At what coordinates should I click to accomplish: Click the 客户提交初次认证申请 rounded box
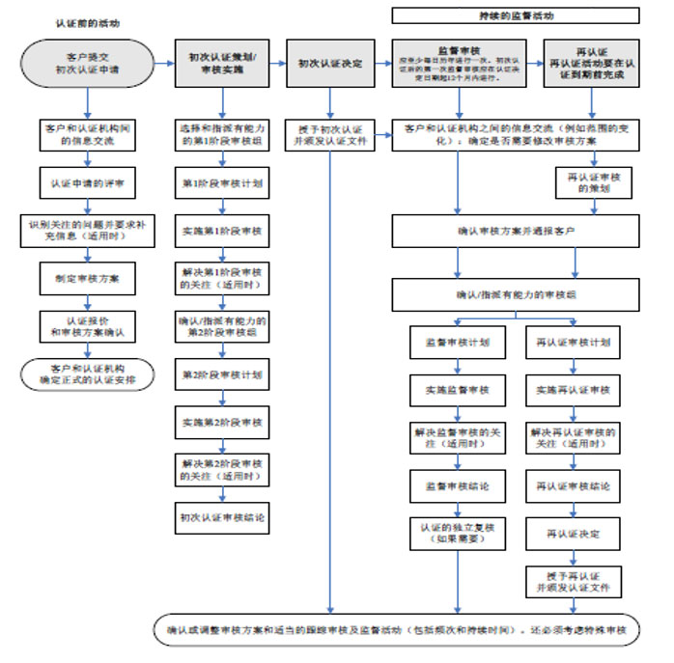88,64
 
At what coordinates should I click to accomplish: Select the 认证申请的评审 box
88,180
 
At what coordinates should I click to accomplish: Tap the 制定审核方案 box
88,279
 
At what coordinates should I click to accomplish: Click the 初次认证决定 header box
330,64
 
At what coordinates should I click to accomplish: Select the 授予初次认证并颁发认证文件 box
330,134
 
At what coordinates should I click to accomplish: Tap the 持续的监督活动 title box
516,15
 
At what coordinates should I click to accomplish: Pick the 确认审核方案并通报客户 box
516,232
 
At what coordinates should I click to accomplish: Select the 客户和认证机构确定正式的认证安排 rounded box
88,373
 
